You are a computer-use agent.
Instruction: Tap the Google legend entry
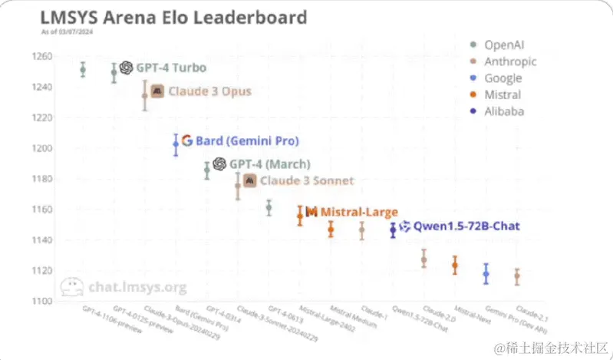coord(503,78)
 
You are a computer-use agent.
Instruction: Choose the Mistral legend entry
coord(503,95)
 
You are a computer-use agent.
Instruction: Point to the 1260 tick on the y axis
coord(41,56)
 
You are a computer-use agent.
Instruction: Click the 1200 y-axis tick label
coord(41,148)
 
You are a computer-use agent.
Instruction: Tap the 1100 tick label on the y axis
coord(41,301)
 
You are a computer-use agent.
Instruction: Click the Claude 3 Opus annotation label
coord(209,91)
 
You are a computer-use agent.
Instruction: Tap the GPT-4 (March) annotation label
coord(269,163)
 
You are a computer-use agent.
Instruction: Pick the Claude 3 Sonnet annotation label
coord(307,180)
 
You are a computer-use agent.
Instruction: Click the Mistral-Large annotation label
coord(358,211)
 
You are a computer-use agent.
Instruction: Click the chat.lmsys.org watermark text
coord(137,287)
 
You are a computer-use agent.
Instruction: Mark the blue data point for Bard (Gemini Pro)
coord(176,144)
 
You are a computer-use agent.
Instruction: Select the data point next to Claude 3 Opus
coord(144,96)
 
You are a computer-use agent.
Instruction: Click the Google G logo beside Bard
coord(186,140)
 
